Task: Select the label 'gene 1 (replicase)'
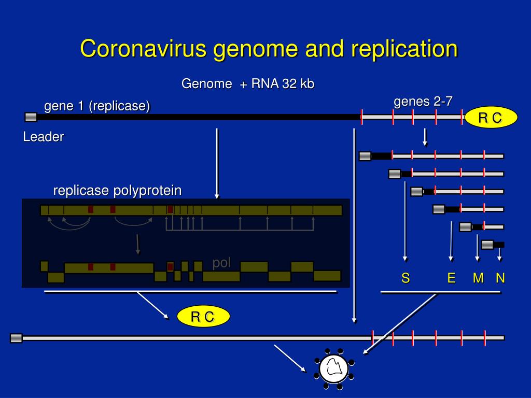click(x=97, y=106)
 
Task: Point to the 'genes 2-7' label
click(x=423, y=102)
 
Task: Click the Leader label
click(x=43, y=137)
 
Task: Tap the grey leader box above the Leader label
click(x=31, y=117)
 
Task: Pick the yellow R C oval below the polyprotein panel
click(x=202, y=317)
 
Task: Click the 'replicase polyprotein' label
click(x=118, y=191)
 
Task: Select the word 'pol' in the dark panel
click(x=221, y=263)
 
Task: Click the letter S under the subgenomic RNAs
click(x=406, y=279)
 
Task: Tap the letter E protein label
click(x=451, y=279)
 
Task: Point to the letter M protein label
click(x=478, y=279)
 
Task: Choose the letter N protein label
click(x=500, y=279)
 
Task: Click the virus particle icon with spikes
click(x=333, y=368)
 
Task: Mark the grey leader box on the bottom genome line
click(x=17, y=338)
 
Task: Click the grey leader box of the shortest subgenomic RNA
click(x=487, y=245)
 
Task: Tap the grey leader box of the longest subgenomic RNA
click(x=365, y=156)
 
